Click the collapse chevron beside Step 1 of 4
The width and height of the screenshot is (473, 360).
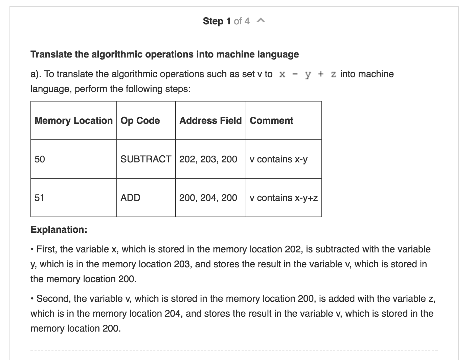click(x=261, y=21)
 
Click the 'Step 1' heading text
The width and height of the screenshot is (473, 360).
click(x=217, y=21)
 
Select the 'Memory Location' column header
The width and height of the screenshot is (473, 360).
click(x=73, y=120)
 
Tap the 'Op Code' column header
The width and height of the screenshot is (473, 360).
click(x=140, y=121)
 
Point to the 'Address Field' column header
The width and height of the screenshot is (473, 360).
click(x=210, y=120)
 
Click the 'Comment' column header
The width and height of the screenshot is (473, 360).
click(x=271, y=120)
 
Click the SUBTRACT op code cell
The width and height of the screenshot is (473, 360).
click(x=146, y=159)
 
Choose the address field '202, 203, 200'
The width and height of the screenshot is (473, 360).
click(x=208, y=159)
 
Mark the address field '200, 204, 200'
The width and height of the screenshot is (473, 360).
click(x=208, y=198)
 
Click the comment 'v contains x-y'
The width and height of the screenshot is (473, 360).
click(x=278, y=159)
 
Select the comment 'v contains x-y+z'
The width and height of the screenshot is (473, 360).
click(x=284, y=198)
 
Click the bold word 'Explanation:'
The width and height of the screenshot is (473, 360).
click(x=59, y=229)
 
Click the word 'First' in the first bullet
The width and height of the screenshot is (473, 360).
click(x=45, y=249)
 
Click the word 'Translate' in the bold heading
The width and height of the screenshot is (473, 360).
click(x=51, y=54)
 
